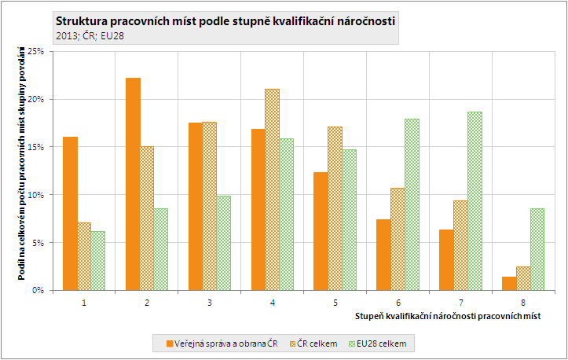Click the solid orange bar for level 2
(x=133, y=184)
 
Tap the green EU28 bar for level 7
(x=474, y=200)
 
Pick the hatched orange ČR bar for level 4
(x=271, y=189)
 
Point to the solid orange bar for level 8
(x=508, y=283)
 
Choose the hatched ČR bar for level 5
(x=334, y=208)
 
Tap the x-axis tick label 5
(x=335, y=302)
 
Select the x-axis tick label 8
(x=523, y=302)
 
